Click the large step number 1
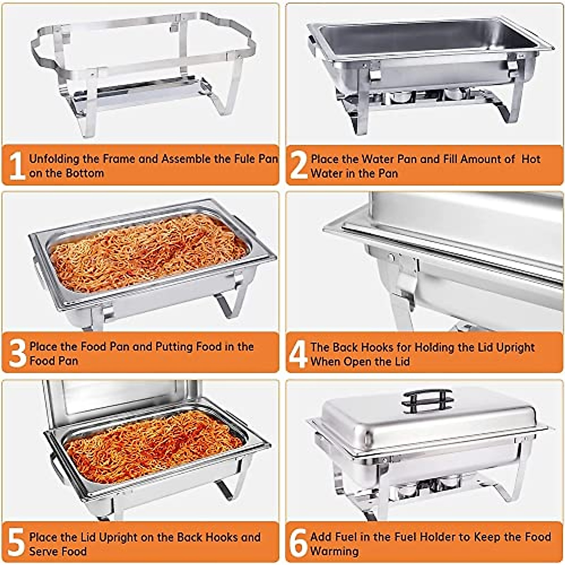[x=17, y=165]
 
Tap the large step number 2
[x=299, y=165]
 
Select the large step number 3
[x=17, y=354]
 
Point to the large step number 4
[x=298, y=354]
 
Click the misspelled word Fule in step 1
[x=244, y=159]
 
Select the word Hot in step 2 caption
[x=531, y=159]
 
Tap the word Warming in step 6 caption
[x=334, y=551]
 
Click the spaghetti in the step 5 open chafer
[x=153, y=445]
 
